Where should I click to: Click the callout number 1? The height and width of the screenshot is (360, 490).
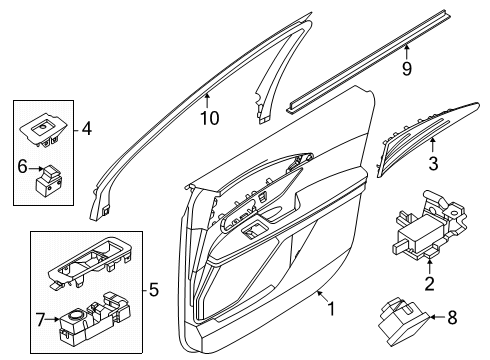coord(331,309)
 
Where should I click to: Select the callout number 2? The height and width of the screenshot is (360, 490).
coord(430,284)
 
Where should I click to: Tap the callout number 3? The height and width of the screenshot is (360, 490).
coord(433,163)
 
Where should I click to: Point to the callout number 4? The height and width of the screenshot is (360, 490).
coord(87,128)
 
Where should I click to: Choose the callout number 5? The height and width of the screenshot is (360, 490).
coord(153,290)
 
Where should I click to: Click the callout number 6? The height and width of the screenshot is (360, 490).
coord(22,166)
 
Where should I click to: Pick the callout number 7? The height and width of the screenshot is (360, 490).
coord(40,320)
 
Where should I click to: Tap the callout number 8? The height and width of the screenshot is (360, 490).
coord(452,317)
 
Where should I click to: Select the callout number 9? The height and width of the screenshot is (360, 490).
coord(407,68)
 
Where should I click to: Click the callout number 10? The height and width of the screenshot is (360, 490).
coord(210,118)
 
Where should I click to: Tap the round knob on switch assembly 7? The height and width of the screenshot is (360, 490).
coord(76,315)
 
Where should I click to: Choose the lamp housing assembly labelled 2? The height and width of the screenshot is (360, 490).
coord(429,225)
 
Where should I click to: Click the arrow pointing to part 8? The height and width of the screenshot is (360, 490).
coord(437,317)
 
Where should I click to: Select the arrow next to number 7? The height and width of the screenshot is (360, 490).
coord(53,319)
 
